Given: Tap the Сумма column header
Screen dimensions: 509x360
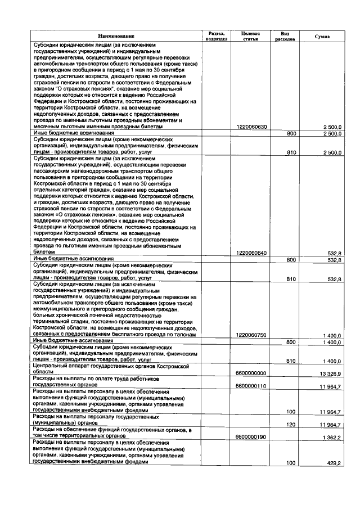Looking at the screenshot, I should pos(322,36).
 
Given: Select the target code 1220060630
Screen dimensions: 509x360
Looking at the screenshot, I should pos(251,127).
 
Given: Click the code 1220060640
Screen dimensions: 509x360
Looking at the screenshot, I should pos(251,253).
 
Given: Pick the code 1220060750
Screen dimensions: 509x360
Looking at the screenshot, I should pos(251,335).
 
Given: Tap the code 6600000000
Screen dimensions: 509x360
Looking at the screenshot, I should pos(251,372).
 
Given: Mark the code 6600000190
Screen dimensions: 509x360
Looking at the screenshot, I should pos(251,436).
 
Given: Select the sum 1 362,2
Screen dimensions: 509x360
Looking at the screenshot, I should pos(332,436).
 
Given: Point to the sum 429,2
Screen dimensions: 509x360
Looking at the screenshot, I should pos(335,462).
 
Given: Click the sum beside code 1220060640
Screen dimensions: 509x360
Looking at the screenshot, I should pos(335,253).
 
